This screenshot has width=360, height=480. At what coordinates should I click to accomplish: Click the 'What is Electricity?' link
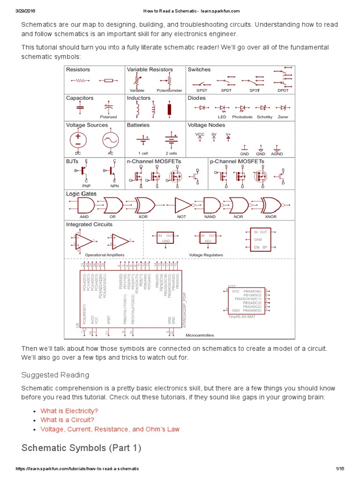(69, 411)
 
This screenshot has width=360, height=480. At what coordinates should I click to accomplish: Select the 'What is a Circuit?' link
(67, 420)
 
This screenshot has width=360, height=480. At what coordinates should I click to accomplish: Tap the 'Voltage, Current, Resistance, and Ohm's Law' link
(110, 429)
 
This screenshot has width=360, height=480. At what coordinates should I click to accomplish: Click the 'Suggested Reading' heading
(55, 375)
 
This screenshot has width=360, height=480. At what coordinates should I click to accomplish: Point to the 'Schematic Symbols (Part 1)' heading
(81, 448)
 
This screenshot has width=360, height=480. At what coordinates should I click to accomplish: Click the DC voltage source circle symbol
(78, 140)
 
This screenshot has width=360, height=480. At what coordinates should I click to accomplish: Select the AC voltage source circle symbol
(111, 140)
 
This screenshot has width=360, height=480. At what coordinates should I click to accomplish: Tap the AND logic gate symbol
(84, 205)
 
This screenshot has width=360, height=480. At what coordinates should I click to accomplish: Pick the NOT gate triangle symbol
(182, 205)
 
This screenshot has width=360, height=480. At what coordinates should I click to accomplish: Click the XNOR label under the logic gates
(270, 217)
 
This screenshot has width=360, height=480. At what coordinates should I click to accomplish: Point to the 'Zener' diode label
(283, 117)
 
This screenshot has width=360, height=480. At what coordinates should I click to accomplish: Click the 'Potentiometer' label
(169, 90)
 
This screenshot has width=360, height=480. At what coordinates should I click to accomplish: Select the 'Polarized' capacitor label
(108, 117)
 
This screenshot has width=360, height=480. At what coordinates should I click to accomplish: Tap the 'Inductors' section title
(139, 98)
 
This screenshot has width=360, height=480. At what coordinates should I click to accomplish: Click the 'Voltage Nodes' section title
(206, 125)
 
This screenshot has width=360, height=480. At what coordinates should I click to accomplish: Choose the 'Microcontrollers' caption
(200, 335)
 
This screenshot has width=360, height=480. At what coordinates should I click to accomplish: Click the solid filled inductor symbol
(170, 110)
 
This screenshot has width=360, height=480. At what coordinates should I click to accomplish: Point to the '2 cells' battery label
(171, 153)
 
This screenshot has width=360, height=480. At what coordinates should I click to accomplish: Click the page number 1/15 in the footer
(340, 469)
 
